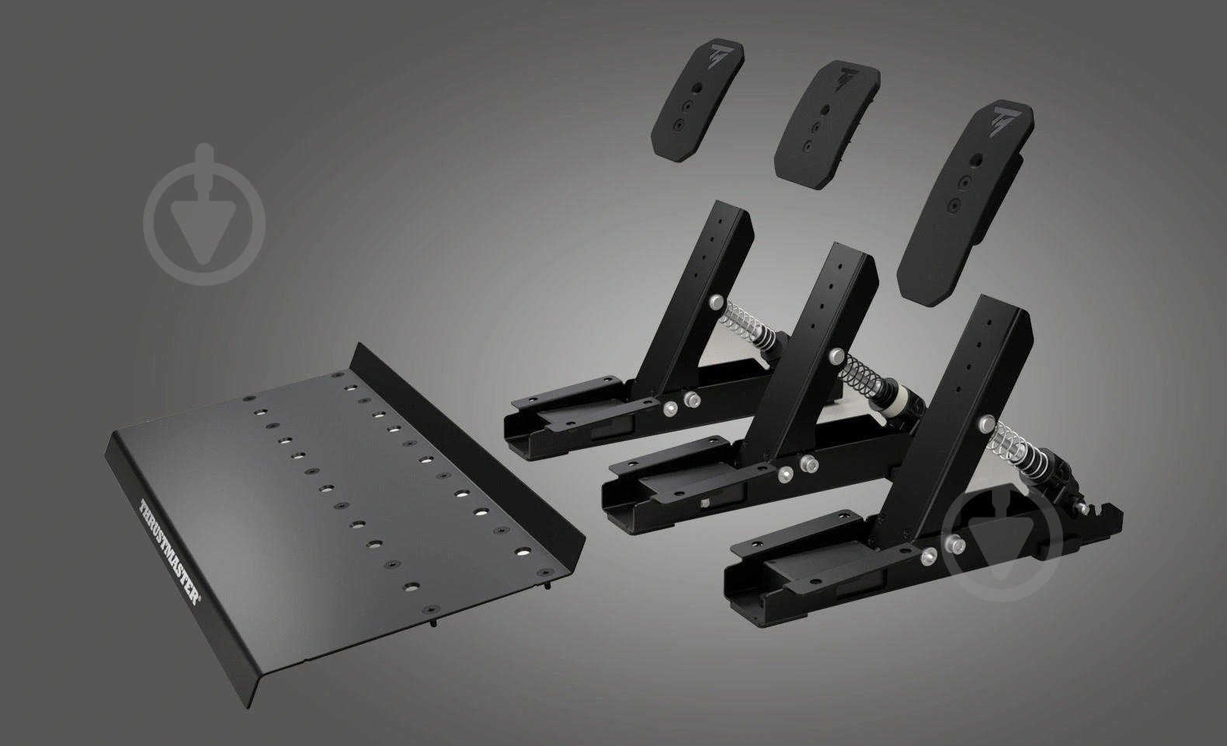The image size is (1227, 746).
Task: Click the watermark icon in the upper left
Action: click(x=205, y=214)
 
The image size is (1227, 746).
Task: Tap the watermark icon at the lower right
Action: click(x=1002, y=544)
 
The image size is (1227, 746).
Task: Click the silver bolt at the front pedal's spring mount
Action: click(x=986, y=424)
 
